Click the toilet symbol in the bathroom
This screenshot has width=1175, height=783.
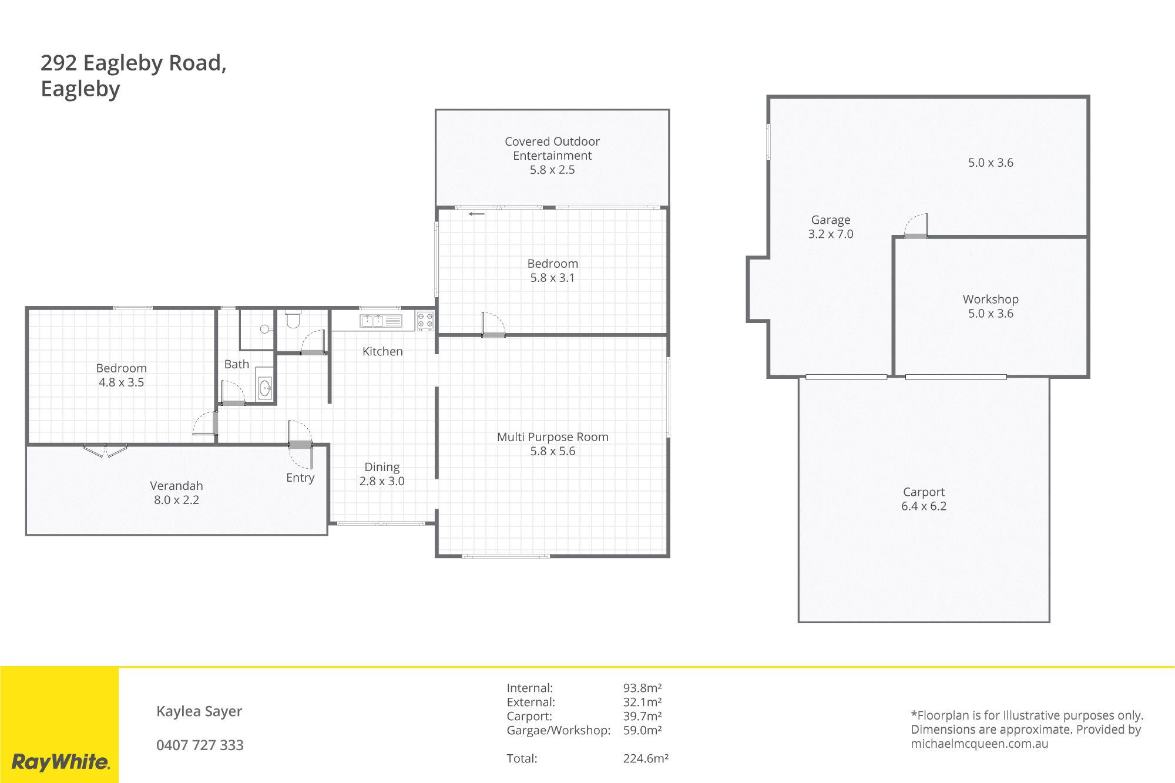(x=293, y=320)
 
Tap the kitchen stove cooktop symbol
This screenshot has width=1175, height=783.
(x=425, y=320)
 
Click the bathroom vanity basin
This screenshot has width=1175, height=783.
(x=265, y=388)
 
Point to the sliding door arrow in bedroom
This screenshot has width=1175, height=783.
(x=476, y=214)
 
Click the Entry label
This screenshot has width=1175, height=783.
(x=300, y=478)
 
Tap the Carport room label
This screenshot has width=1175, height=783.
(x=924, y=492)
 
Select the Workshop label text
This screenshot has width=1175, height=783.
(x=991, y=299)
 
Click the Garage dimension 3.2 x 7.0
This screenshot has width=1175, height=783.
(x=831, y=234)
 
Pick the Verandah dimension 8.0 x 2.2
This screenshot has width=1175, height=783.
(x=176, y=500)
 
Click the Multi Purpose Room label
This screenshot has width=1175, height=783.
(x=553, y=437)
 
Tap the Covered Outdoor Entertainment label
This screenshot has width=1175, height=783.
(x=552, y=149)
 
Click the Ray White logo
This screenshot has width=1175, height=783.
(x=61, y=762)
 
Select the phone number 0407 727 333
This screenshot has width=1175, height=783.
(x=200, y=745)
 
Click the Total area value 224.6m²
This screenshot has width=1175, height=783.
(x=646, y=758)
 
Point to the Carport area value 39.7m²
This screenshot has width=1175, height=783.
(x=642, y=716)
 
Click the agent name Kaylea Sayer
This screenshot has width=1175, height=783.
(x=199, y=711)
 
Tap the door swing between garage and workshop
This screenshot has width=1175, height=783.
(x=916, y=226)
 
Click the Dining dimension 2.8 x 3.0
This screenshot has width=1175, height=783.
(x=382, y=481)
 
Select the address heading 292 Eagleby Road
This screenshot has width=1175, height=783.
(x=133, y=63)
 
